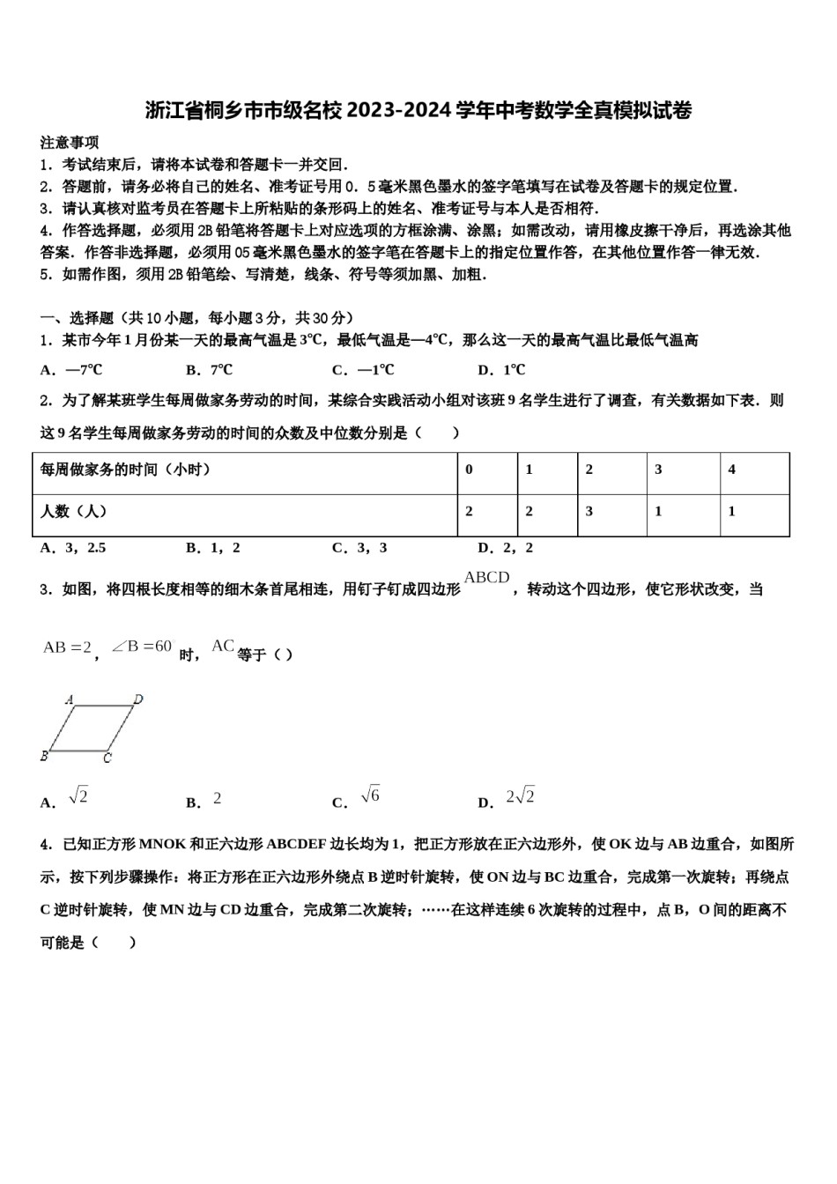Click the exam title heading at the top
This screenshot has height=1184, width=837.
click(418, 110)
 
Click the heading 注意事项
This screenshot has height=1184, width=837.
click(70, 143)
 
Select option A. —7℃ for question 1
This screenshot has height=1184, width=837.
click(71, 370)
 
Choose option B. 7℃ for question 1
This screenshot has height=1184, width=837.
click(210, 370)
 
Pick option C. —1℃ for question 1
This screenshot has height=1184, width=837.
click(363, 370)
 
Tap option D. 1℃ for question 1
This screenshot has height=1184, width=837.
click(501, 370)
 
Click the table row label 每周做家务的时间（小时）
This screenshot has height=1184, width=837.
click(125, 470)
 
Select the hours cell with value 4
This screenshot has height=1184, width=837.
click(731, 470)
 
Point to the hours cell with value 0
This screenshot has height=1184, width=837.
click(469, 470)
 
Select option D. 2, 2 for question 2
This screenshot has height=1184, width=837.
click(506, 548)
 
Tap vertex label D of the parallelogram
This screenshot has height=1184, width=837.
click(138, 700)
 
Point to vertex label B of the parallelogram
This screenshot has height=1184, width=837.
click(44, 756)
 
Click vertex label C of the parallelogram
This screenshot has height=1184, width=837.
click(107, 758)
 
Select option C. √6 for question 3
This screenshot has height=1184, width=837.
click(356, 800)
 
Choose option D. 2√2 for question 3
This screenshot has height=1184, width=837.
click(507, 800)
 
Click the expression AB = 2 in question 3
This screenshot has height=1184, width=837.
click(68, 647)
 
